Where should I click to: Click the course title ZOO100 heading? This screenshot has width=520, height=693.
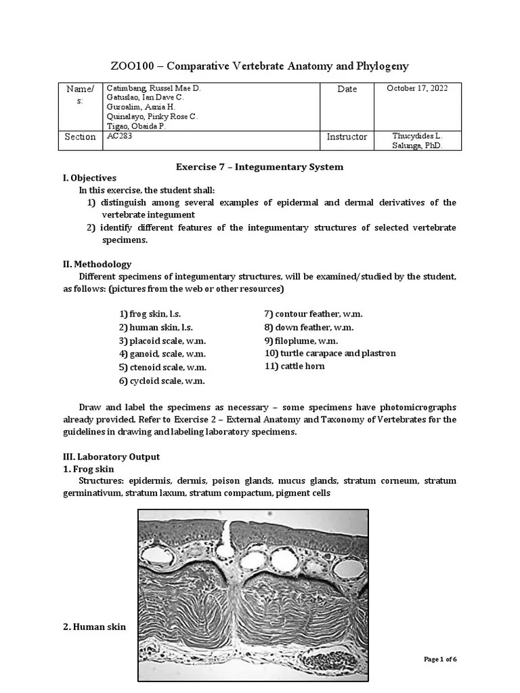click(259, 66)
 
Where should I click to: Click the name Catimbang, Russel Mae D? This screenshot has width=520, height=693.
click(154, 89)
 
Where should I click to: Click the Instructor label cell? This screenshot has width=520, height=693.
click(347, 137)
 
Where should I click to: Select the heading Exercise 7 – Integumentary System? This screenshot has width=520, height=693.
click(259, 166)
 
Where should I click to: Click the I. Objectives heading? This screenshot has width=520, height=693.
click(89, 178)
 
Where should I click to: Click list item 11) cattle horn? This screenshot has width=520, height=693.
click(295, 366)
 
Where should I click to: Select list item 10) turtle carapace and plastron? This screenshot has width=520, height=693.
click(330, 353)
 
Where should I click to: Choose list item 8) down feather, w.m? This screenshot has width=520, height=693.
click(309, 328)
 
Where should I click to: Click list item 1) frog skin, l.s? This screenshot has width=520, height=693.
click(152, 315)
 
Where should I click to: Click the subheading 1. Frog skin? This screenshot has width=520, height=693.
click(89, 469)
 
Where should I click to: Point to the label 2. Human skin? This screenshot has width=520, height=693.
click(94, 627)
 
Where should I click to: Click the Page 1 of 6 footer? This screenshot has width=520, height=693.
click(440, 659)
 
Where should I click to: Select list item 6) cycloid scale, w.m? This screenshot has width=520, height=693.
click(162, 380)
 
